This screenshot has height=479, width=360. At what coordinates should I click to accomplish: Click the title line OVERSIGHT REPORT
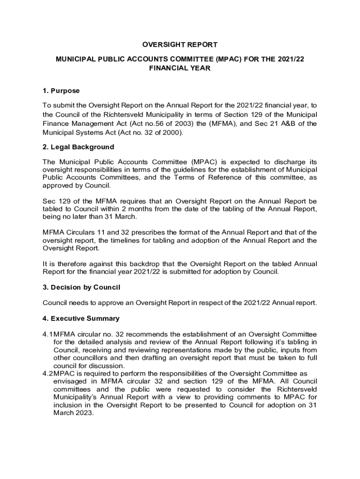coord(180,45)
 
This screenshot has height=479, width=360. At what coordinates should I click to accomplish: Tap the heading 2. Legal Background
coord(78,147)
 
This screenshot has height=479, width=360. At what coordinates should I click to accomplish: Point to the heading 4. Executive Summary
coord(81,319)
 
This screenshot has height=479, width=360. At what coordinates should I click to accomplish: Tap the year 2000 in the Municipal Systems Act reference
coord(172,132)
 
